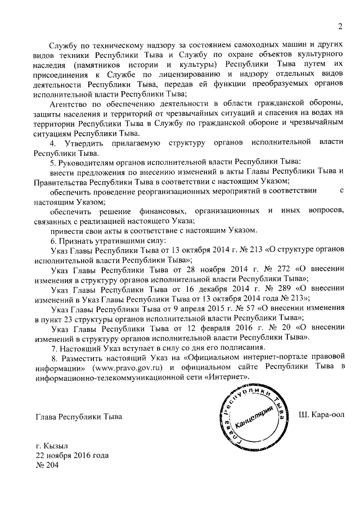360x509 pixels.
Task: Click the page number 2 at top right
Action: (x=340, y=25)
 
